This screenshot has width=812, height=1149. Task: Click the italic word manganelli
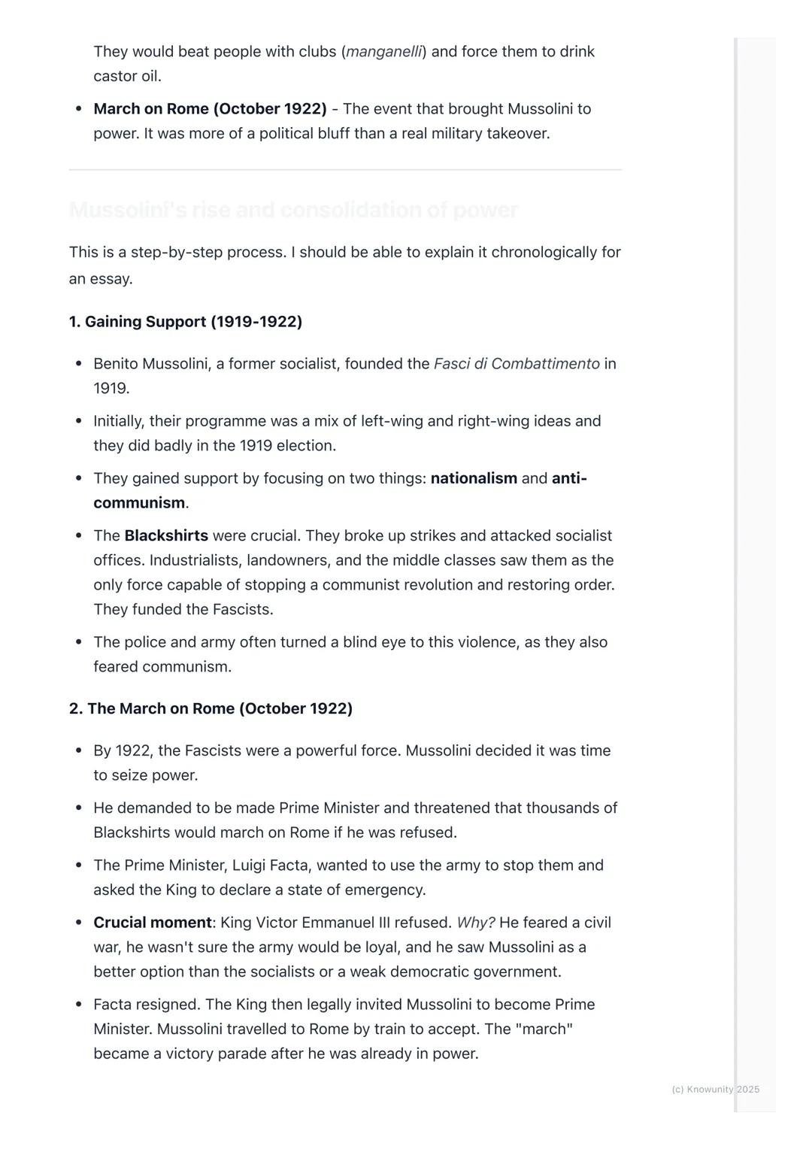(x=383, y=52)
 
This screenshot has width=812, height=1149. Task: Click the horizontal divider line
(x=345, y=170)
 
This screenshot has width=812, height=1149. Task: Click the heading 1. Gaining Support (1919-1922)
(x=186, y=322)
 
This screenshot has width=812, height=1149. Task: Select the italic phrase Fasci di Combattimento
(x=517, y=364)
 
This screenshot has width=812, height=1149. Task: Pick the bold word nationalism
(x=474, y=478)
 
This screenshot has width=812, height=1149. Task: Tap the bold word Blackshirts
(x=166, y=535)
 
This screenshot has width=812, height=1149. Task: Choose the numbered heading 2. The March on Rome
(x=211, y=708)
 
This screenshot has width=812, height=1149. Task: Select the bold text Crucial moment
(x=153, y=923)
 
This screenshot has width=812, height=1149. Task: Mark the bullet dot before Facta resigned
(x=79, y=1005)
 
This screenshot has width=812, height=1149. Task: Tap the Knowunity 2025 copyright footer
(x=715, y=1089)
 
